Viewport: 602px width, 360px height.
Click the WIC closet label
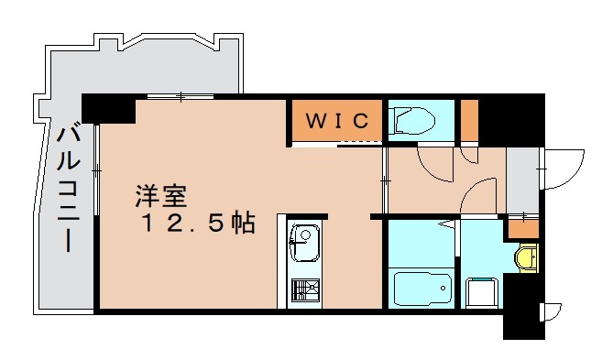point(336,120)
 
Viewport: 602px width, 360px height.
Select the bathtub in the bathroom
point(421,289)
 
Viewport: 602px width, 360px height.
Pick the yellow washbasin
point(525,257)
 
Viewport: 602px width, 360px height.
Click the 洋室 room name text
point(161,195)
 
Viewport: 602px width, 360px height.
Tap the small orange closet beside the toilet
point(469,119)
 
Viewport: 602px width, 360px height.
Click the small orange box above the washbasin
point(523,227)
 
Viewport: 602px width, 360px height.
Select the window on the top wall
point(181,95)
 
